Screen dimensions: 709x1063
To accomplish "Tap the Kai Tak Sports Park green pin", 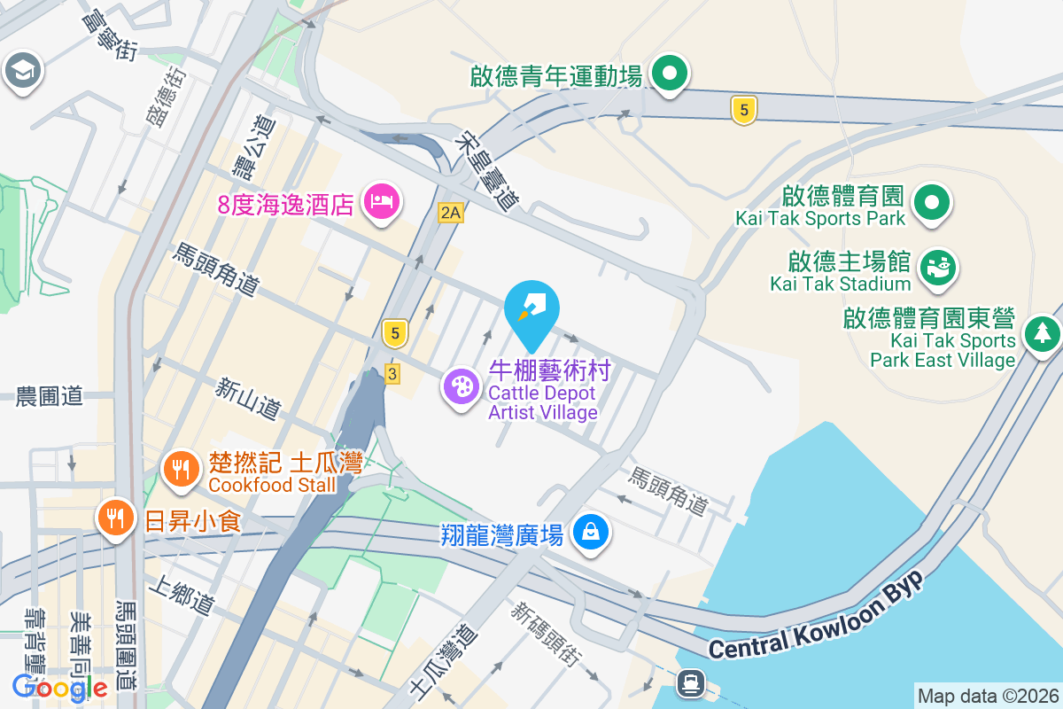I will [931, 202].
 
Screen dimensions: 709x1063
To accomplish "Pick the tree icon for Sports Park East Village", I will [1043, 333].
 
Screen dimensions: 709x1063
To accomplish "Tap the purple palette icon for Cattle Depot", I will [461, 387].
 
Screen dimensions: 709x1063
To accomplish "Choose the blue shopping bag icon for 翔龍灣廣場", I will [589, 533].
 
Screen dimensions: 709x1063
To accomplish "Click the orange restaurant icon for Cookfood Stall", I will [182, 468].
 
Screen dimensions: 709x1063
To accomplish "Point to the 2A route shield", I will [451, 212].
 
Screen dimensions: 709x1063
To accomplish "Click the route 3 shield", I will [392, 374].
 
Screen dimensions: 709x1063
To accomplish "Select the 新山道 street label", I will [249, 398].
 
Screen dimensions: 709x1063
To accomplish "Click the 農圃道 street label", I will [50, 396].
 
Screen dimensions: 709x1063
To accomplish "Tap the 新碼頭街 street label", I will [546, 634].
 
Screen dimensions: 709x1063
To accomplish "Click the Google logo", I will [60, 687].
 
